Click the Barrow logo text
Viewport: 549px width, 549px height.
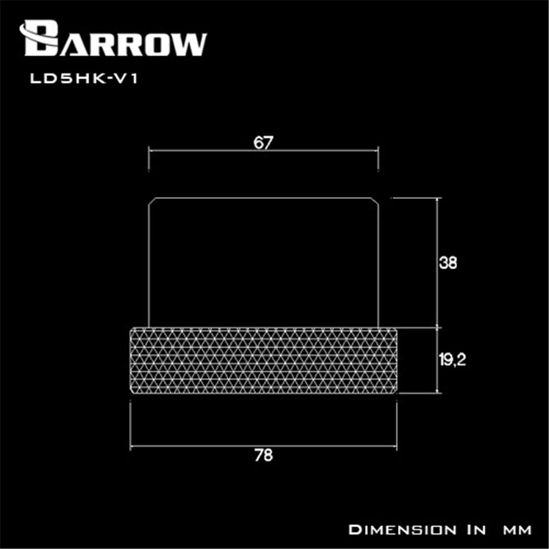(115, 39)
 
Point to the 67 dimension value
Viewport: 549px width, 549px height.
(263, 143)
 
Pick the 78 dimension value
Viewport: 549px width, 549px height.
(263, 456)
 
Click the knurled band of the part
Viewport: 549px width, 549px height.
(264, 360)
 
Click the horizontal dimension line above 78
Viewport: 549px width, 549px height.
(264, 444)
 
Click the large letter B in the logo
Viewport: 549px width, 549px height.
(40, 38)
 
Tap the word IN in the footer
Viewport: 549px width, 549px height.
(471, 530)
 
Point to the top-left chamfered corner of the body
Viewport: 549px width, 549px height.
(152, 200)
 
